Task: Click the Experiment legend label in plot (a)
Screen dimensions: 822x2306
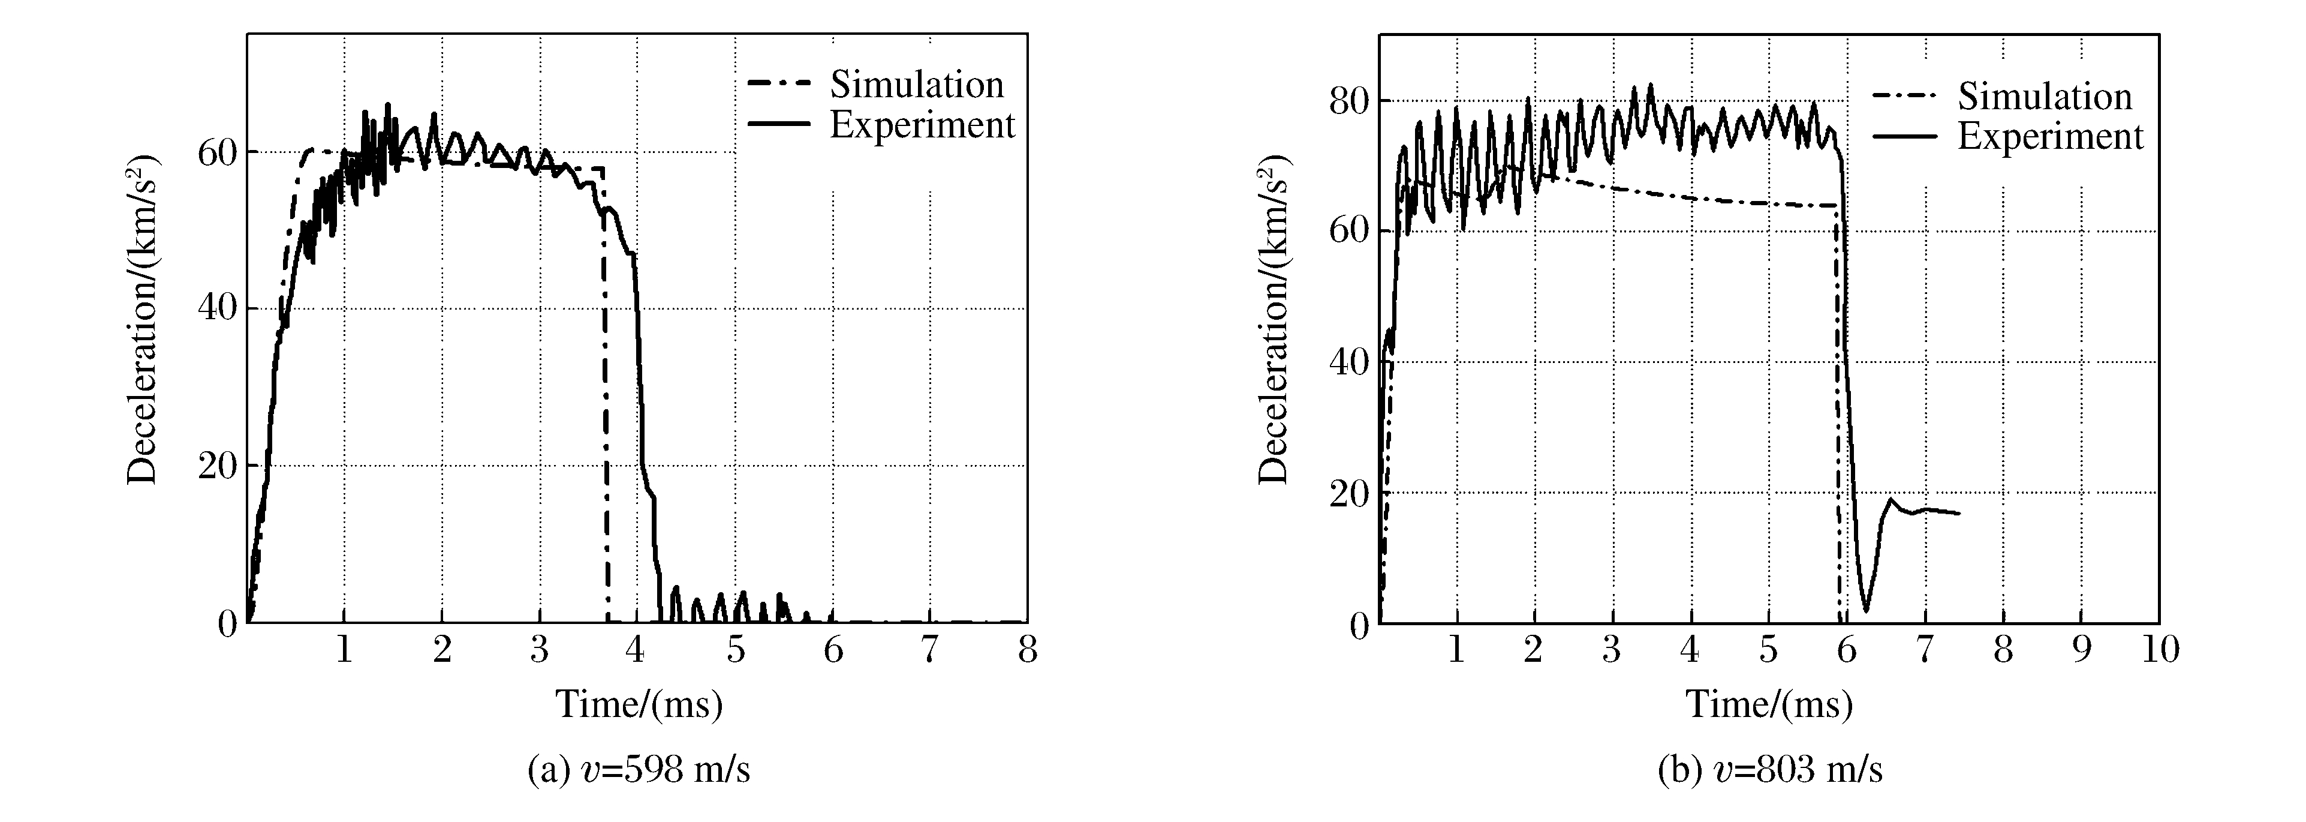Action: (x=922, y=124)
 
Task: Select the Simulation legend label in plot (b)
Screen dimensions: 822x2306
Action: (x=2045, y=96)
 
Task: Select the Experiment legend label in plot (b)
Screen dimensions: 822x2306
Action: (x=2050, y=136)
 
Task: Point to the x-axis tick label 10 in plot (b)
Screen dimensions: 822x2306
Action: (x=2159, y=650)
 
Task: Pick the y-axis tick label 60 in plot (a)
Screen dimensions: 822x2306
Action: (x=218, y=152)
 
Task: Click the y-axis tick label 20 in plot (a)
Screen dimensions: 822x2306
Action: (x=218, y=466)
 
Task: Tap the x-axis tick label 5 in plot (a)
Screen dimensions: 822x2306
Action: (x=735, y=650)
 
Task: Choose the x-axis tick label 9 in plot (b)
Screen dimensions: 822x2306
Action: (x=2081, y=650)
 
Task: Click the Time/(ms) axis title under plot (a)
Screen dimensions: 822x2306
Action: (x=639, y=704)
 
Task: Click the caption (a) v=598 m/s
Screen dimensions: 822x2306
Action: (x=639, y=769)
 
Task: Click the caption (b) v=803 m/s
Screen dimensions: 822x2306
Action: (x=1770, y=769)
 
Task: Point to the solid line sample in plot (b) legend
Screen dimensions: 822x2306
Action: (x=1905, y=137)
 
